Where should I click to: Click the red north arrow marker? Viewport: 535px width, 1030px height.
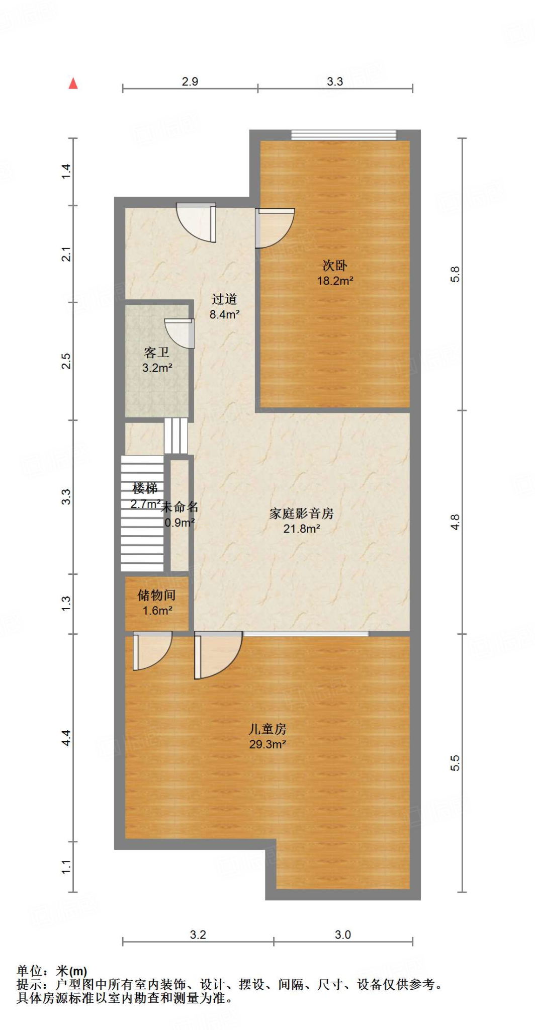click(73, 83)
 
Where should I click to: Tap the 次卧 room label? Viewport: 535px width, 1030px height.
click(335, 265)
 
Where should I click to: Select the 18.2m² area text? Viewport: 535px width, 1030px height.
click(335, 281)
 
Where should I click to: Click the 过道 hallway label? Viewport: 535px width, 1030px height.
click(224, 299)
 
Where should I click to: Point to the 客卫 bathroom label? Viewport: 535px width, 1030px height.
click(156, 353)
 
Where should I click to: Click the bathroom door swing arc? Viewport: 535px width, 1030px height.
click(179, 334)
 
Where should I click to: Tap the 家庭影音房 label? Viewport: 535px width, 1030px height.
click(301, 513)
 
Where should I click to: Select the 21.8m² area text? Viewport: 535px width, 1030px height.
click(301, 529)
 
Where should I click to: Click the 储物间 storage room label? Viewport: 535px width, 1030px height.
click(157, 595)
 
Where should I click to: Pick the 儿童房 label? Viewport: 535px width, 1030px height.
click(267, 729)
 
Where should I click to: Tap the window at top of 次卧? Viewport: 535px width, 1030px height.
click(343, 135)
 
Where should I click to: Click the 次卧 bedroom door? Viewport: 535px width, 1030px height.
click(274, 229)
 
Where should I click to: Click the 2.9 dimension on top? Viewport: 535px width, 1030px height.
click(190, 81)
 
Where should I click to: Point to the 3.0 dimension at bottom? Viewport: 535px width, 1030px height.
click(343, 935)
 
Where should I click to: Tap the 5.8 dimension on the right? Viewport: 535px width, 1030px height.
click(455, 274)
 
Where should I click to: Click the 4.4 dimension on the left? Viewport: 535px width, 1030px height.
click(66, 738)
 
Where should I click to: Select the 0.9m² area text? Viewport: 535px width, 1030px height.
click(180, 523)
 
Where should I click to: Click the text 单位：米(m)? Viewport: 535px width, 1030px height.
click(52, 971)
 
